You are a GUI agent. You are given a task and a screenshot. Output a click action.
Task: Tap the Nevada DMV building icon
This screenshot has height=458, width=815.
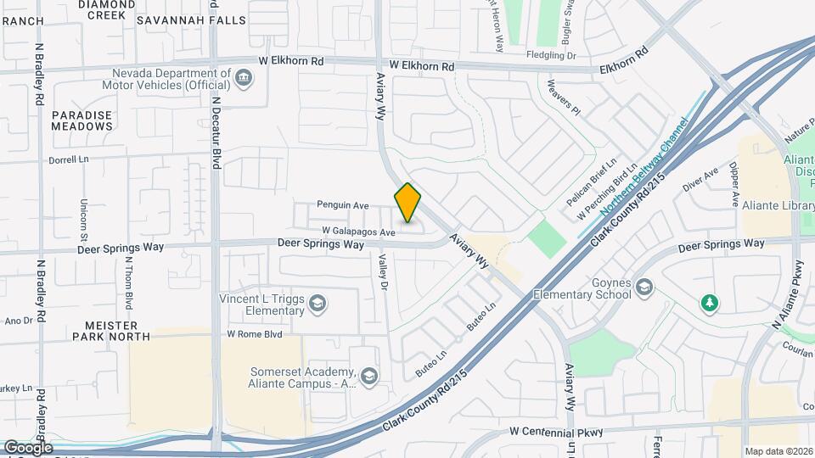coord(244,80)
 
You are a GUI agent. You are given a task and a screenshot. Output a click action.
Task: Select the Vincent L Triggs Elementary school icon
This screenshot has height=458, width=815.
coord(317,304)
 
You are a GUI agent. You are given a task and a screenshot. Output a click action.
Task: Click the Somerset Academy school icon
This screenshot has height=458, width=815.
coord(369,376)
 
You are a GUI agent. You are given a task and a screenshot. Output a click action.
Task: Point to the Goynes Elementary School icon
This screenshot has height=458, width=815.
coord(644,288)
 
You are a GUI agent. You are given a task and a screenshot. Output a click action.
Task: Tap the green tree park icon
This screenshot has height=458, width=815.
coord(709,303)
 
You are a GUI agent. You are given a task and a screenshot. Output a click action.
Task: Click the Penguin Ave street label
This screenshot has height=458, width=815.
coord(342,204)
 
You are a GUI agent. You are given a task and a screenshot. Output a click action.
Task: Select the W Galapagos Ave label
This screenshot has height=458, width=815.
coord(359,232)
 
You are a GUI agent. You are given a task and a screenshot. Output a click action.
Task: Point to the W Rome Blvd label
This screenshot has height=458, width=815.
coord(254,334)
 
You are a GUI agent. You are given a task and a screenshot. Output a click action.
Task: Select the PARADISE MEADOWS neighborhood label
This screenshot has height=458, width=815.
coord(81,120)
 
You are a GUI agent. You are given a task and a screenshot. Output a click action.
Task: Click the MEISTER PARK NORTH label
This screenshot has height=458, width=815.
coord(117,331)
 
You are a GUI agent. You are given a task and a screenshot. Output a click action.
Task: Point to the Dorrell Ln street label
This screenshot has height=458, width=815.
coord(69,159)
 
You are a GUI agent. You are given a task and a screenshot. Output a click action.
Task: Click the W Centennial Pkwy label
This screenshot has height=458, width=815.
coord(556,432)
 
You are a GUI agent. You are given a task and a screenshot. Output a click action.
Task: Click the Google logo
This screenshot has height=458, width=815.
coord(28,447)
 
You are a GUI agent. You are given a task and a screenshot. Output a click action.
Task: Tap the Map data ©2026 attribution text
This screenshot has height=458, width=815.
coord(778,451)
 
